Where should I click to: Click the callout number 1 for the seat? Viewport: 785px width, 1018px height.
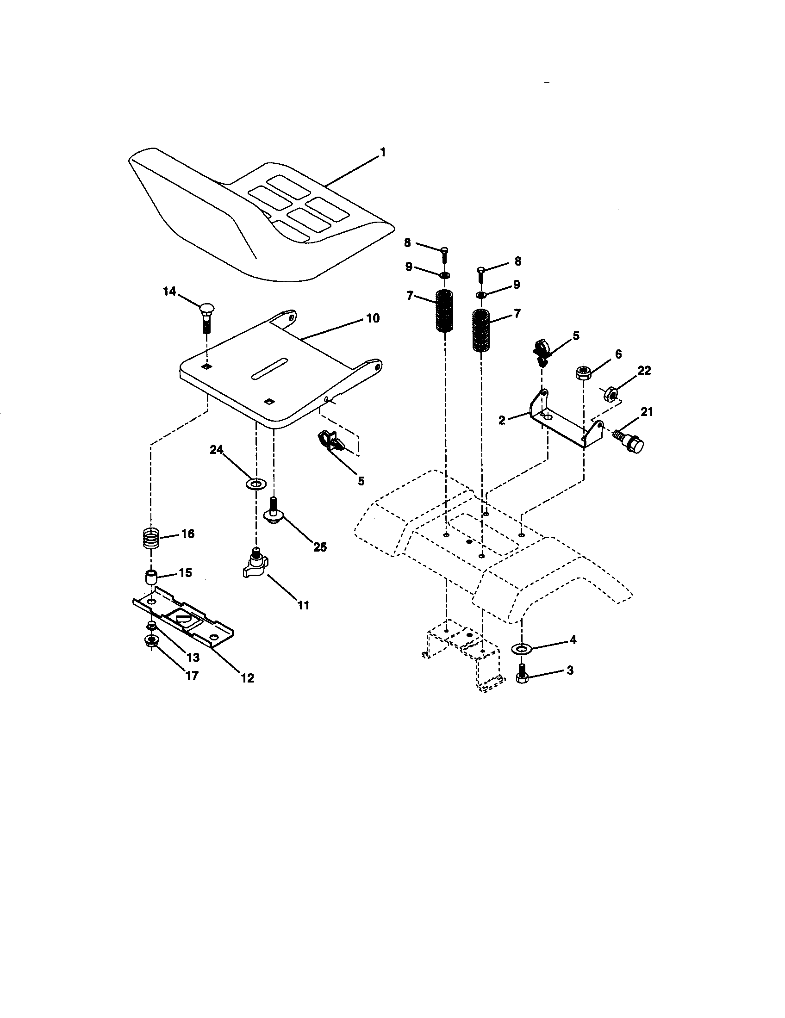(382, 152)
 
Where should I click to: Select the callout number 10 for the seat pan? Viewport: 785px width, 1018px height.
(373, 318)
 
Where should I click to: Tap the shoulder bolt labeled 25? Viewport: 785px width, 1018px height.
(274, 511)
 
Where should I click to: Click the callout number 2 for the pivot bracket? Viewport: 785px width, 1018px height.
(502, 420)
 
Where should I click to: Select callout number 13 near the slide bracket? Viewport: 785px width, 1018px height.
(193, 657)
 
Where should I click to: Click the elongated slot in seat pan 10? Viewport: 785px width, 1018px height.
(269, 369)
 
